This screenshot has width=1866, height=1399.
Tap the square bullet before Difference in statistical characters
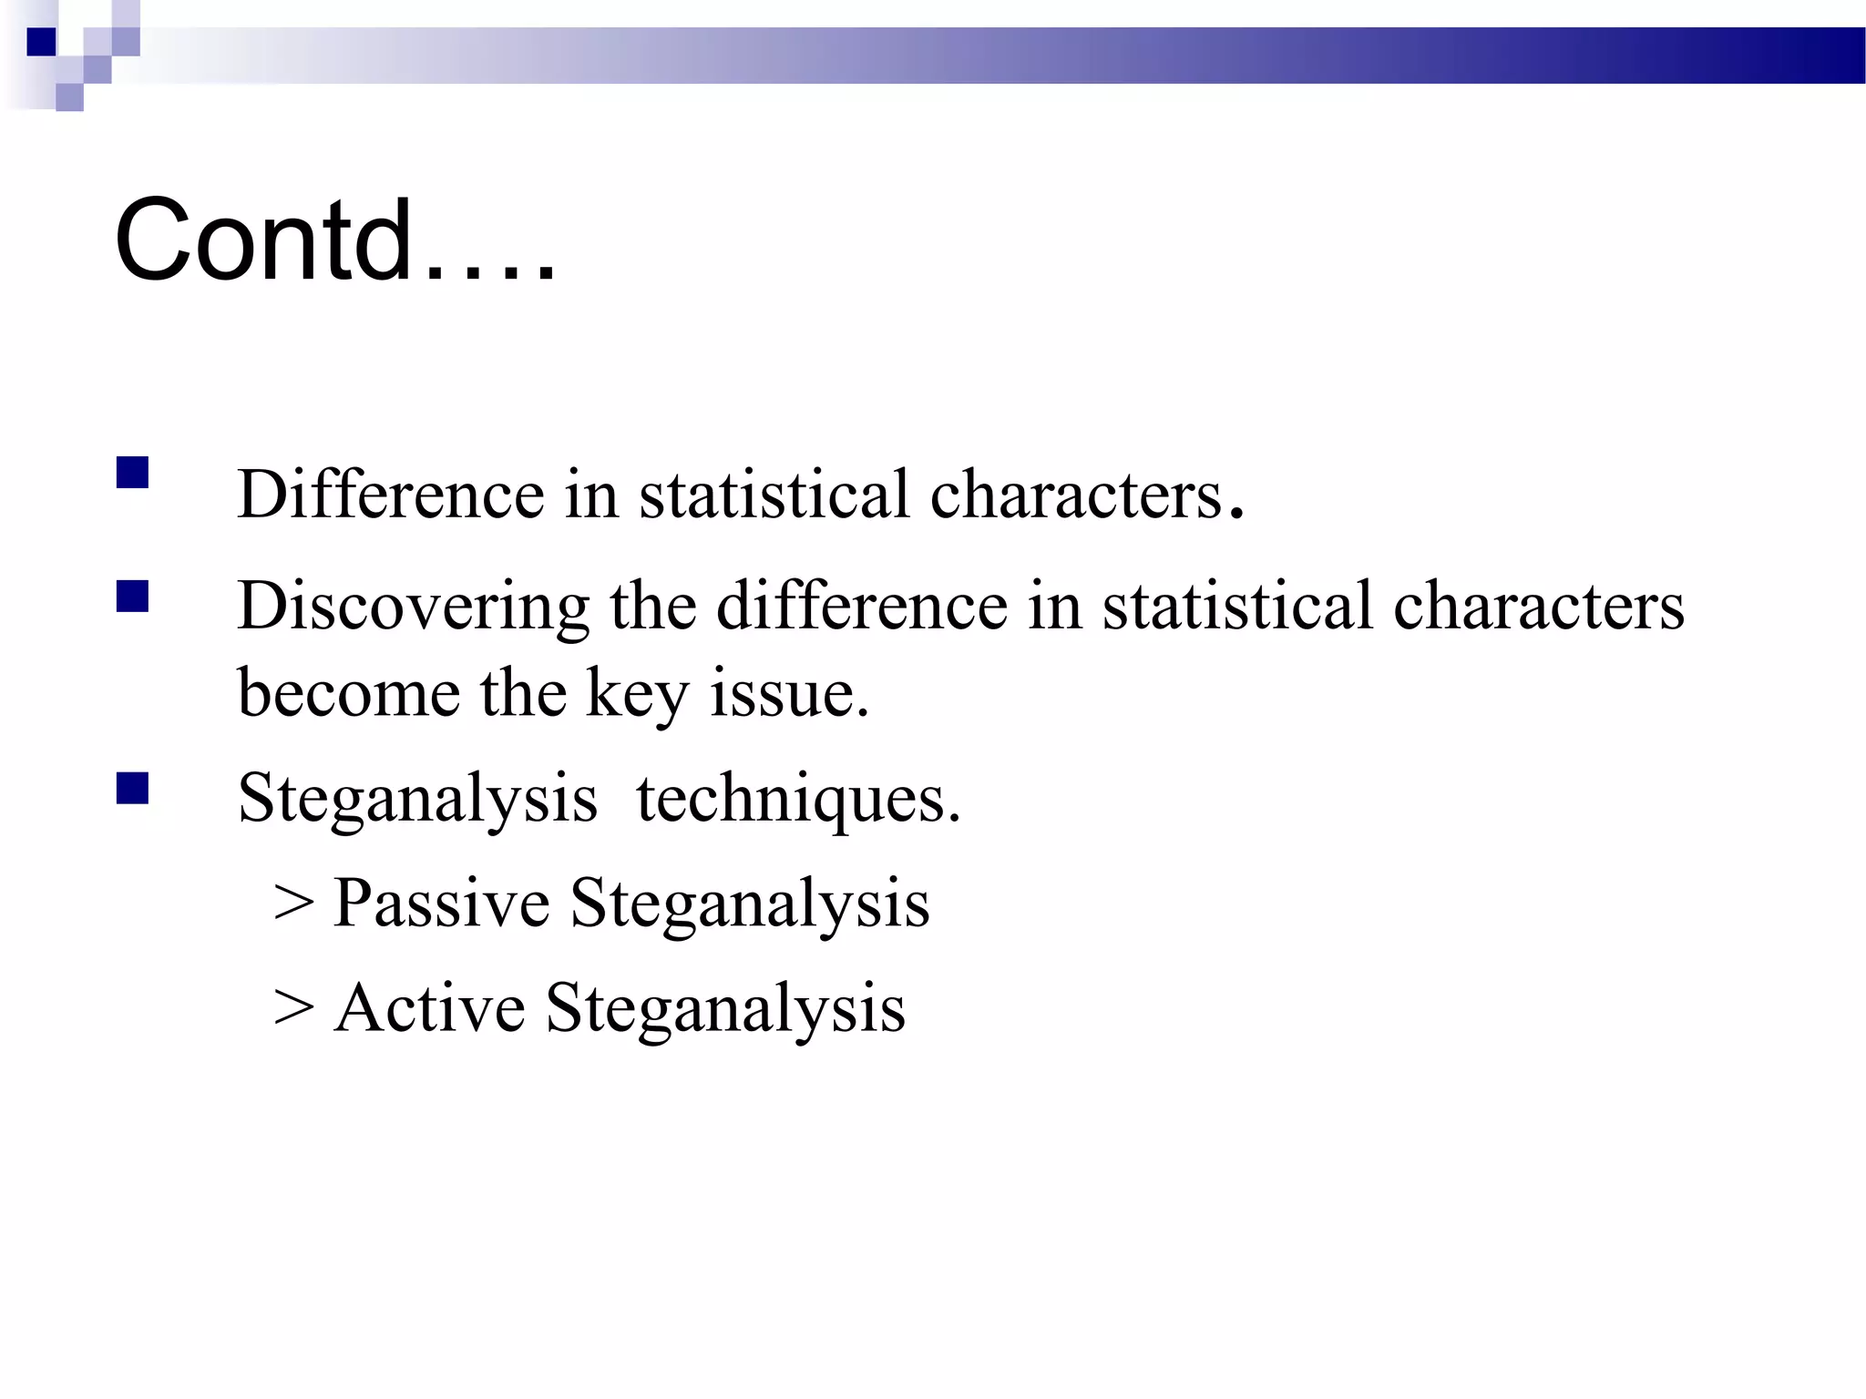[133, 474]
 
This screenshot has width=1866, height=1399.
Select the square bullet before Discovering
[133, 597]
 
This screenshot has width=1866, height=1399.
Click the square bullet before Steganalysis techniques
[133, 789]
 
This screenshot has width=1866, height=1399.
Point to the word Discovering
[413, 608]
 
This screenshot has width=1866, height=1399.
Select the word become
[348, 694]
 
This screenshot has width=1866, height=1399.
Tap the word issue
[789, 694]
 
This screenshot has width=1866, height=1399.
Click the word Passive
[442, 904]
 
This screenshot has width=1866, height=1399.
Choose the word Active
[430, 1008]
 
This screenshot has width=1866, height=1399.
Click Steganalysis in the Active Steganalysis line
[725, 1010]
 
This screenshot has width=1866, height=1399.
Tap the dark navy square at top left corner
[41, 42]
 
